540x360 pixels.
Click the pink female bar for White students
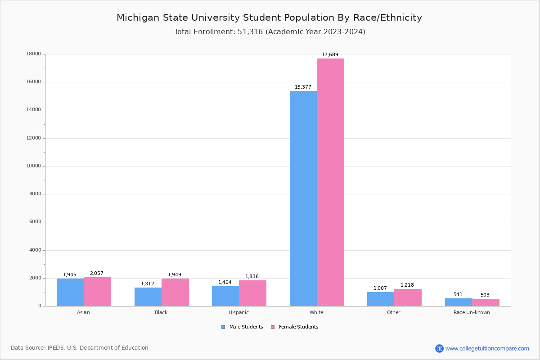point(330,182)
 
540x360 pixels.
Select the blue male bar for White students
point(303,198)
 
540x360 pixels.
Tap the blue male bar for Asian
point(70,292)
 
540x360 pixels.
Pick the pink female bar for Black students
point(175,292)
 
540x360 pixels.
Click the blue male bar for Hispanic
point(225,296)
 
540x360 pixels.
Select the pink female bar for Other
point(408,297)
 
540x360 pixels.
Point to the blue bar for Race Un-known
point(459,302)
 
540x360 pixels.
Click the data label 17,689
point(330,55)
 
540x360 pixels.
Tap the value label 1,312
point(148,284)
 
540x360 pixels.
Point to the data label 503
point(485,295)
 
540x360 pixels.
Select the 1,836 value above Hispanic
point(252,277)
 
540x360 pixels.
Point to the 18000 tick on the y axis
point(34,54)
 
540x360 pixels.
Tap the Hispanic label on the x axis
point(238,312)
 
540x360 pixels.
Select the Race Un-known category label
point(472,312)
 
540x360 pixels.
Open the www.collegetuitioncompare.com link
point(487,348)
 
